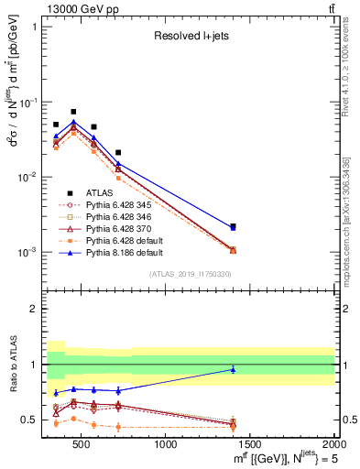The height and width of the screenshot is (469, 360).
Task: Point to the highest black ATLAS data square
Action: coord(73,112)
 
